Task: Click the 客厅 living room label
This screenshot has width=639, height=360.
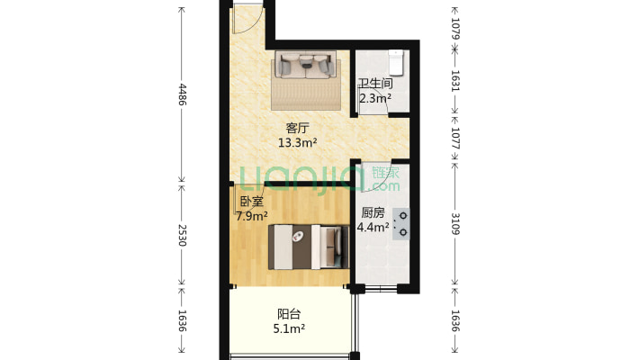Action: point(298,128)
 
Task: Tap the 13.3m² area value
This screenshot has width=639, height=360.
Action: point(298,143)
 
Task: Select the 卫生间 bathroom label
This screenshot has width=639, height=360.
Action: point(375,84)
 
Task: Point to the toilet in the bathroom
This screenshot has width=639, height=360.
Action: point(396,62)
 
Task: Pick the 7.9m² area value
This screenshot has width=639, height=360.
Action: point(252,216)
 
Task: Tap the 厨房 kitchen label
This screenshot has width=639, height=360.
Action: point(373,212)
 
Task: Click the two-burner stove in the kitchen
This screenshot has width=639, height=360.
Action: point(401,224)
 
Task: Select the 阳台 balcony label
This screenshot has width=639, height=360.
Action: point(289,314)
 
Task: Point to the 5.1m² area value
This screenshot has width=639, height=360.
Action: point(289,328)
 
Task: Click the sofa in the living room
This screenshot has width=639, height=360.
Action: point(306,64)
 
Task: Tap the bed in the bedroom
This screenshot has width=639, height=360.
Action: point(309,247)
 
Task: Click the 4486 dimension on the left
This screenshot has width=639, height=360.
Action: point(182,94)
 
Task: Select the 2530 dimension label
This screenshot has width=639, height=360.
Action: point(182,235)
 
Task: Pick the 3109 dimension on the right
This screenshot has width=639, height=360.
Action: point(455,224)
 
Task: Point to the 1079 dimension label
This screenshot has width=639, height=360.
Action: point(455,28)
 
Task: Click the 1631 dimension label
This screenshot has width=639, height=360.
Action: point(455,81)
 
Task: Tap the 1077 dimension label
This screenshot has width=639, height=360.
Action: point(455,139)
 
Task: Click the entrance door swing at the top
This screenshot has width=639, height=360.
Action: point(247,19)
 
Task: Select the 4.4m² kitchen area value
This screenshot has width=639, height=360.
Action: point(373,227)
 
